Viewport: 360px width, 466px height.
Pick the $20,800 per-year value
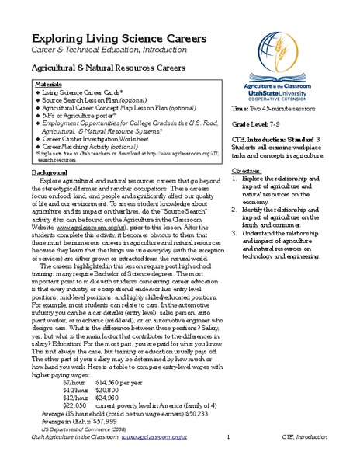pyautogui.click(x=108, y=412)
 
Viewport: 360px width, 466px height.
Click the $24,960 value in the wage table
pyautogui.click(x=108, y=420)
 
